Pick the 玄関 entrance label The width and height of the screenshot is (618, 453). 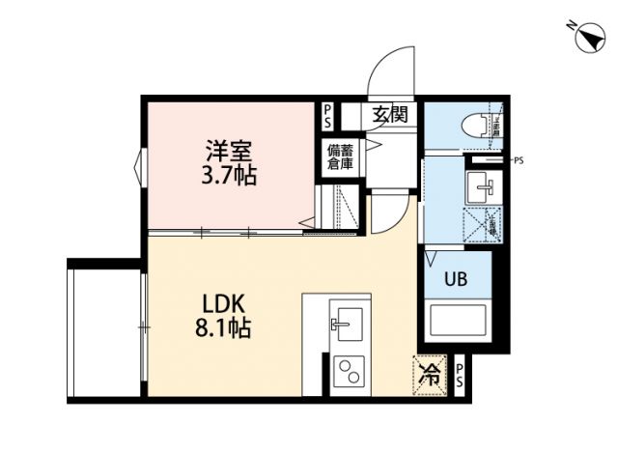(x=390, y=114)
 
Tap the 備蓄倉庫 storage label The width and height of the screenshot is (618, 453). (x=339, y=156)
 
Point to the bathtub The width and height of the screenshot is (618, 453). (x=460, y=324)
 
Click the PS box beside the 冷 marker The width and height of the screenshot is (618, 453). (x=460, y=376)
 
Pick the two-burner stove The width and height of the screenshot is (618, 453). (x=346, y=372)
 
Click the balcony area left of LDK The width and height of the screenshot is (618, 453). (x=104, y=329)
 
